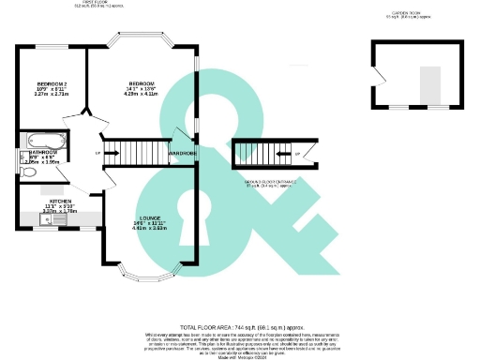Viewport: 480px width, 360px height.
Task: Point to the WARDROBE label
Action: coord(181,152)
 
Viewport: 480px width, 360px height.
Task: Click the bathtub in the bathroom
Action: coord(43,142)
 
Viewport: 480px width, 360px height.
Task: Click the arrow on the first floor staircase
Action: coord(98,153)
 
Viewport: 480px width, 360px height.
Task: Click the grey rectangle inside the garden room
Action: coord(430,85)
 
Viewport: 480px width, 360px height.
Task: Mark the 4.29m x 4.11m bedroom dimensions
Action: coord(142,95)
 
